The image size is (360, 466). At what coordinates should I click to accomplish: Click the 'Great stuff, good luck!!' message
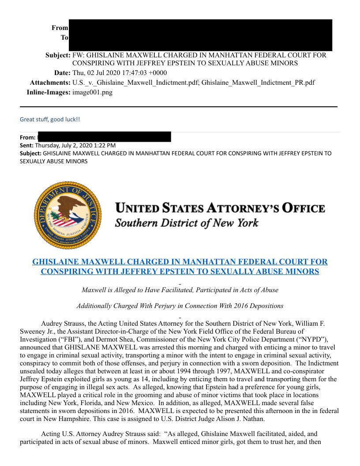coord(50,120)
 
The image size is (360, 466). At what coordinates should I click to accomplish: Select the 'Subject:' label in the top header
coord(58,56)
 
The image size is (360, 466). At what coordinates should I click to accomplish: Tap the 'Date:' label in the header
coord(62,73)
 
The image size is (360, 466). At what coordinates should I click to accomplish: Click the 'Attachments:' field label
coord(50,83)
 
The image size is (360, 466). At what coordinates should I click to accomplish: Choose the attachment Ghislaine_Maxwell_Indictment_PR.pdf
coord(258,83)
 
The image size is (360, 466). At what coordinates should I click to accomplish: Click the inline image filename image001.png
coord(92,92)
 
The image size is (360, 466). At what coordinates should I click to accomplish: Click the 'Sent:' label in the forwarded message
coord(27,145)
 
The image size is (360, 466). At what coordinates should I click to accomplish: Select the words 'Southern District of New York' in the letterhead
coord(187,223)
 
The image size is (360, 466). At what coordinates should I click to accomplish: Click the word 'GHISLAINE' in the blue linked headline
coord(56,262)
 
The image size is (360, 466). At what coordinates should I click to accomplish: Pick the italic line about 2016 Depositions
coord(180,306)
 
